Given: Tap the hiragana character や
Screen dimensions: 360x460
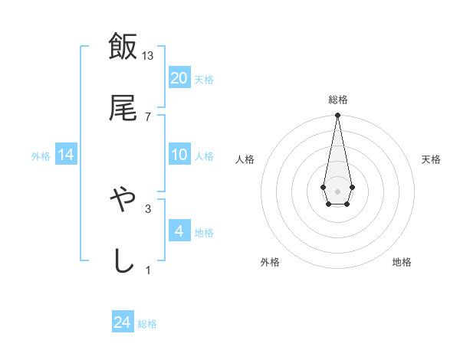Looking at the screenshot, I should pyautogui.click(x=123, y=200).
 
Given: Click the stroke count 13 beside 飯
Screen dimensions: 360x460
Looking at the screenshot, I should pyautogui.click(x=148, y=55).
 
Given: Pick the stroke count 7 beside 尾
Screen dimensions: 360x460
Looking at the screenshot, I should pyautogui.click(x=148, y=116).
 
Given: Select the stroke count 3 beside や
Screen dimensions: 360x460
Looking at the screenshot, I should pyautogui.click(x=148, y=208).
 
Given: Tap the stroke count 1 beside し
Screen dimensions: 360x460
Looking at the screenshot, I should pyautogui.click(x=148, y=270).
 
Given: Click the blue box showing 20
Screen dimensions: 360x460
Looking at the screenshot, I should pyautogui.click(x=179, y=78).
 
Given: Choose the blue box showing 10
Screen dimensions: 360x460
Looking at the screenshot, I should pyautogui.click(x=179, y=155).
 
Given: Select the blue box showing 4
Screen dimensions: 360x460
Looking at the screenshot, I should pyautogui.click(x=179, y=231).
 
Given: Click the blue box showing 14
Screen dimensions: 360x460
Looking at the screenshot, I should pyautogui.click(x=66, y=155).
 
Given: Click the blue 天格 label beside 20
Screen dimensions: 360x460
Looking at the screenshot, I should pyautogui.click(x=204, y=79).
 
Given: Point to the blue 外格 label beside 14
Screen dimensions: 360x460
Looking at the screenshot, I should pyautogui.click(x=41, y=155).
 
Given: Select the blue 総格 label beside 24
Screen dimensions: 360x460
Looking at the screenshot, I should pyautogui.click(x=147, y=324).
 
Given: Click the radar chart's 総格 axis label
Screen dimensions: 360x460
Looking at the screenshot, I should pyautogui.click(x=337, y=100).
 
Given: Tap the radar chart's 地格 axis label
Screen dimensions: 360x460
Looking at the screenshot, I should pyautogui.click(x=402, y=262).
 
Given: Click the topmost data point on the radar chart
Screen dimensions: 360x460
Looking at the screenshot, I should pyautogui.click(x=337, y=115).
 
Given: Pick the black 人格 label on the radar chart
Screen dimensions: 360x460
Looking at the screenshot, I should pyautogui.click(x=245, y=159).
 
